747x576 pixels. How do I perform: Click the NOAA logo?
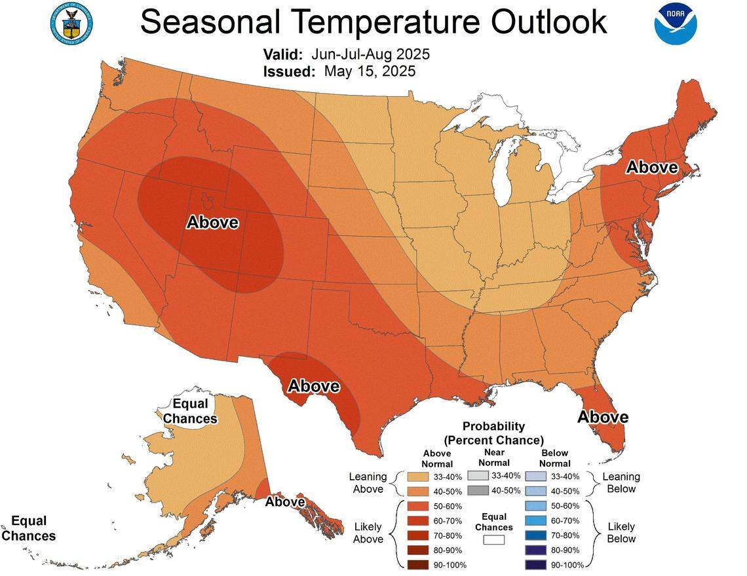[x=676, y=24]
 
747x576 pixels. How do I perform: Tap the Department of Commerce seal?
[x=71, y=24]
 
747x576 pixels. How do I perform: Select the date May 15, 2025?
[x=370, y=71]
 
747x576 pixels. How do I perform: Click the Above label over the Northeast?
[x=651, y=168]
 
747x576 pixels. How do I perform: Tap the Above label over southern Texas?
[x=314, y=386]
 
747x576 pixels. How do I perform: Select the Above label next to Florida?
[x=602, y=417]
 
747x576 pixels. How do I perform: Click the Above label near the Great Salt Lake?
[x=212, y=223]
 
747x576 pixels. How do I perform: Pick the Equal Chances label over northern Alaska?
[x=189, y=411]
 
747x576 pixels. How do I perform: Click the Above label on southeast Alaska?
[x=285, y=502]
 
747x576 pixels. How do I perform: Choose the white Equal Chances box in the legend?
[x=494, y=540]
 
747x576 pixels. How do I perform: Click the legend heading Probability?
[x=494, y=426]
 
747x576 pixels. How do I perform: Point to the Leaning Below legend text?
[x=621, y=482]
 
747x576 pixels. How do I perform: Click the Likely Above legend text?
[x=368, y=532]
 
